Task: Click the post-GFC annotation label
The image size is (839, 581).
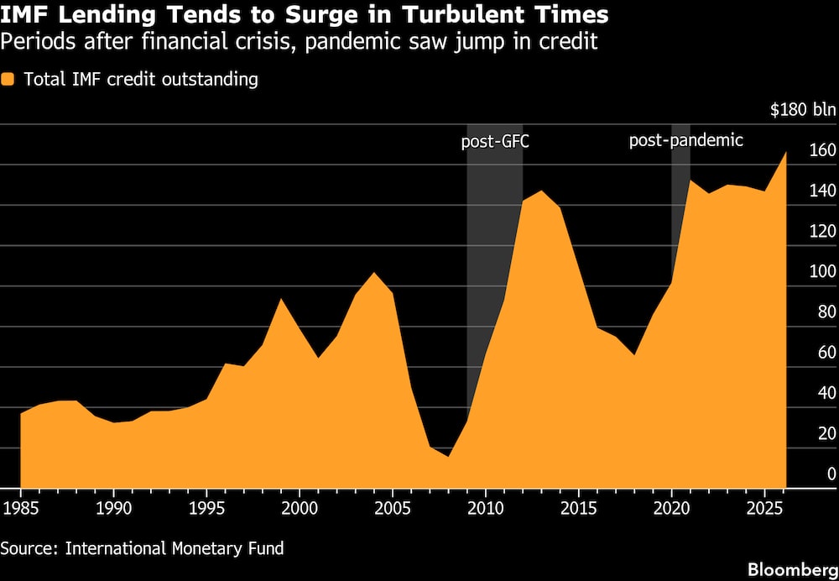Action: point(495,141)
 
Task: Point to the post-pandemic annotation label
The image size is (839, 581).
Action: point(686,140)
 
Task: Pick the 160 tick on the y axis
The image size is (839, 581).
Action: point(822,151)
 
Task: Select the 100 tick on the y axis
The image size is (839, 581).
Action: point(822,272)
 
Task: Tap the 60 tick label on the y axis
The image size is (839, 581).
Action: point(826,353)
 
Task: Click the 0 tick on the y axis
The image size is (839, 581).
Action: point(831,474)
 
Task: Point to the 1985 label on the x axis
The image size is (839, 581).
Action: point(20,509)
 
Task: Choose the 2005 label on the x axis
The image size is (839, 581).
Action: point(391,509)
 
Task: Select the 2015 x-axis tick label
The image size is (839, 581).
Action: point(577,509)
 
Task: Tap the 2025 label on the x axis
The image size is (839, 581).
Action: point(763,509)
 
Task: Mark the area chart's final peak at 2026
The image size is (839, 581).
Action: point(785,153)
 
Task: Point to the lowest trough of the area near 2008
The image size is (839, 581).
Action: point(448,456)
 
